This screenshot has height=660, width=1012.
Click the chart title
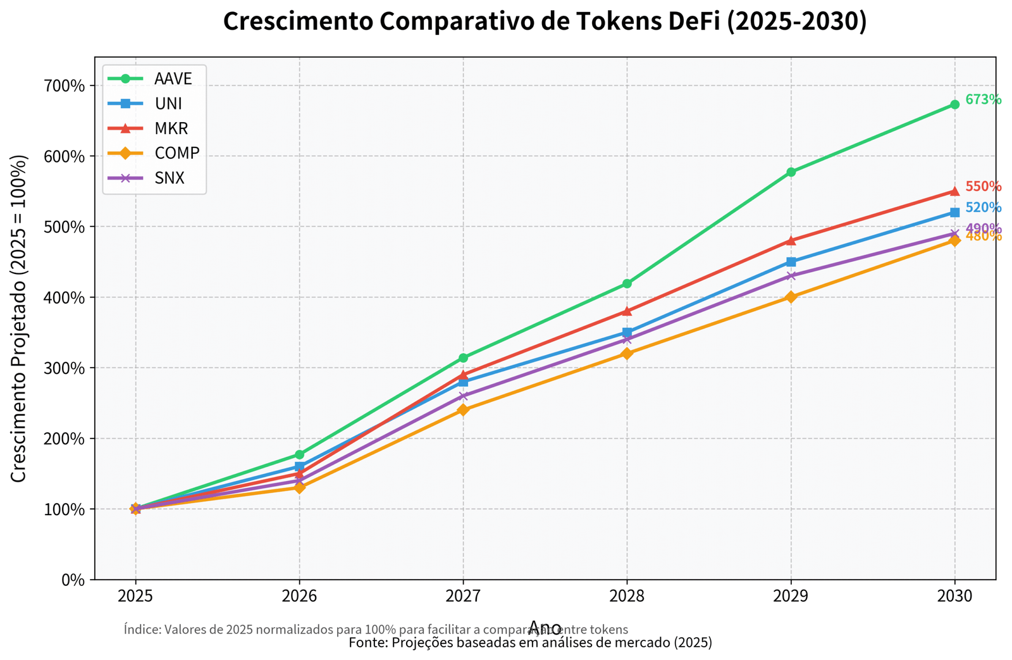pos(545,22)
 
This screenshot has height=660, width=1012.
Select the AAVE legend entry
pos(173,78)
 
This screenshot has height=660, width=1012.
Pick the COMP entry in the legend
pos(176,153)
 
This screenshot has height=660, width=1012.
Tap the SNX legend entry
pos(169,178)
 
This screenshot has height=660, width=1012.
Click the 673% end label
pos(983,100)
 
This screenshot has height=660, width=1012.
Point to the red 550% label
pos(983,187)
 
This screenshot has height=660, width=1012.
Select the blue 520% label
pos(983,208)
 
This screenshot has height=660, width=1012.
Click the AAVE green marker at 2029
pos(791,172)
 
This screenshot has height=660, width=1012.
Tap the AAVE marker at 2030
pos(954,104)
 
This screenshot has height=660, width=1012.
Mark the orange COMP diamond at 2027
pos(463,410)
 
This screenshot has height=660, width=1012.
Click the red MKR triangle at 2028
pos(627,311)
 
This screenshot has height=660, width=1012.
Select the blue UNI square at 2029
pos(791,262)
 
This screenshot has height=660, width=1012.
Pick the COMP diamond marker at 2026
pos(299,487)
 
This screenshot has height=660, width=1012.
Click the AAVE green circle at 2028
pos(627,283)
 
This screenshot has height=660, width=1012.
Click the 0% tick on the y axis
pos(73,580)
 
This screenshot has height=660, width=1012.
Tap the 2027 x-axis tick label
pos(463,596)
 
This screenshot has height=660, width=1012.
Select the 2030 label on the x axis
pos(954,596)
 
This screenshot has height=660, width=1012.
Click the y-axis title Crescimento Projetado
pos(20,318)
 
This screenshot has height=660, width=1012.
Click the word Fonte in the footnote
pos(364,643)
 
